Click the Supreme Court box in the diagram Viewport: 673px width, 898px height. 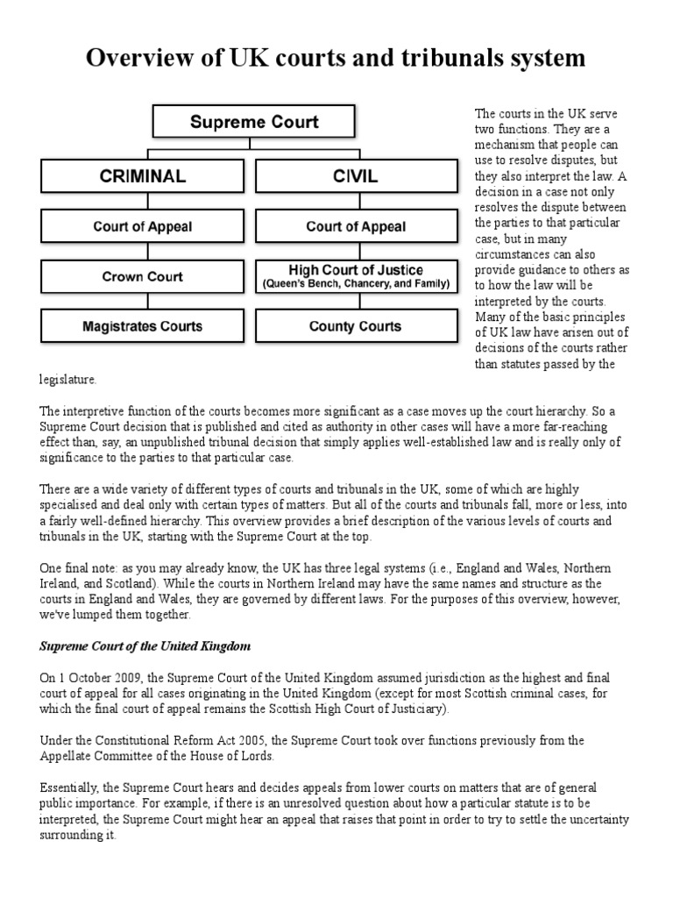point(254,122)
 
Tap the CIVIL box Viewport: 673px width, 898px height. point(356,175)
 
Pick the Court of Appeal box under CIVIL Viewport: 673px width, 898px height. point(356,226)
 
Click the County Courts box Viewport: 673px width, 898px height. point(356,326)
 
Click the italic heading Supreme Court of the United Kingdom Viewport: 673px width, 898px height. point(145,646)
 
